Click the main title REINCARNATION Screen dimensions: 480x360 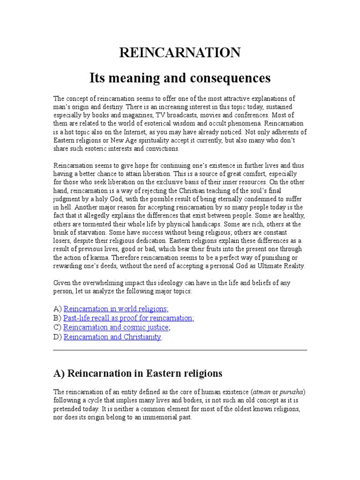[x=180, y=53]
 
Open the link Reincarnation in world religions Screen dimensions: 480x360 [x=115, y=308]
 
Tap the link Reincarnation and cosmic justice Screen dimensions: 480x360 [x=116, y=327]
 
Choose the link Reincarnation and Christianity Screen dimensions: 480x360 [x=112, y=337]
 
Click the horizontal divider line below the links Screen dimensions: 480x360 [x=180, y=350]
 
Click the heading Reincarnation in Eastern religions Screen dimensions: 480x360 [x=138, y=374]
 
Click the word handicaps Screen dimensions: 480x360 [x=183, y=224]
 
